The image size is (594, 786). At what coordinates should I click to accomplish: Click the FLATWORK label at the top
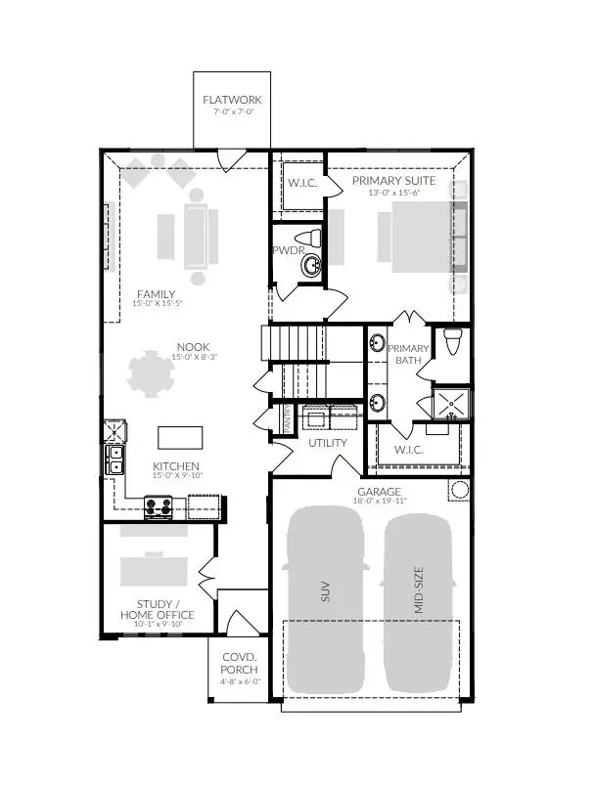pos(232,101)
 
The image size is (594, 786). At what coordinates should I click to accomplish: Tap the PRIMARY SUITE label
pos(394,181)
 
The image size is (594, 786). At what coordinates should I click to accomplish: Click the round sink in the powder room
pos(312,265)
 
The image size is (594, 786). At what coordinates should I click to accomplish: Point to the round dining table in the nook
pos(154,373)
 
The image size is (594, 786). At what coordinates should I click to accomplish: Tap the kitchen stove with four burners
pos(159,506)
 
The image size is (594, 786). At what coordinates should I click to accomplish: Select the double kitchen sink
pos(115,459)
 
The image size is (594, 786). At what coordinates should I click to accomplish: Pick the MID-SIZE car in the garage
pos(418,599)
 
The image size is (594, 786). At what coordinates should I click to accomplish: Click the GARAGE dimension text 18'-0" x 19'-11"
pos(380,502)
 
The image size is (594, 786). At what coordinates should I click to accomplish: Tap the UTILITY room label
pos(328,443)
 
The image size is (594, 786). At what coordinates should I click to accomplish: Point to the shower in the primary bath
pos(451,401)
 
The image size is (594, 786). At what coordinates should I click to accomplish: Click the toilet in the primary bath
pos(452,342)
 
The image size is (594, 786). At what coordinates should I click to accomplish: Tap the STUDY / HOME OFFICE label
pos(157,609)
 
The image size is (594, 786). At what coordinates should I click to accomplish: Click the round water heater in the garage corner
pos(459,490)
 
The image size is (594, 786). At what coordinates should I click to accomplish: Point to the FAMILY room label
pos(156,293)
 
